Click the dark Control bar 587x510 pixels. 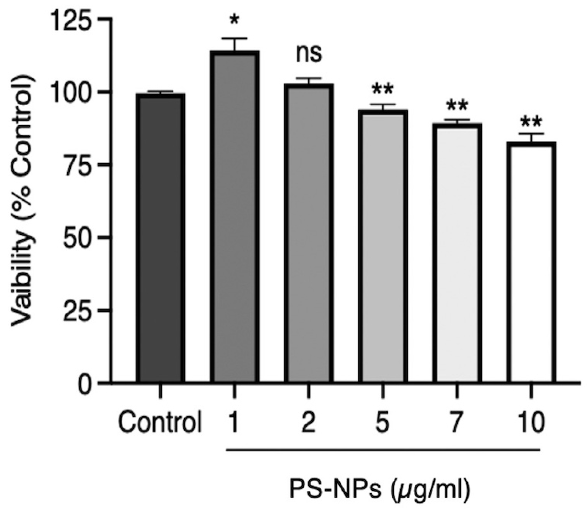point(160,238)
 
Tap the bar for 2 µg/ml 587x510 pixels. point(308,233)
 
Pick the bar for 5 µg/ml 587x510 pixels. point(383,246)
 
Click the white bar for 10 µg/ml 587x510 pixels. point(531,262)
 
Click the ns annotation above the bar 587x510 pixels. point(308,54)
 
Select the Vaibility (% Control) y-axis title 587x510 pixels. point(23,201)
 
